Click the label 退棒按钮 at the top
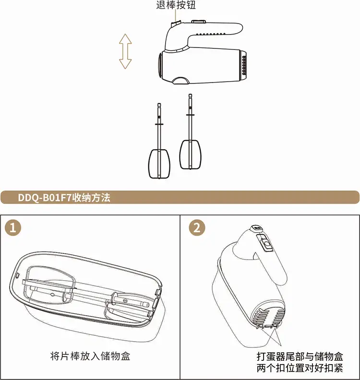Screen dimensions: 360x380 click(x=176, y=5)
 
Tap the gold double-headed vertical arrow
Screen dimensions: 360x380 click(x=125, y=51)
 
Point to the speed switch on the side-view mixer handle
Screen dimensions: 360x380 click(x=199, y=22)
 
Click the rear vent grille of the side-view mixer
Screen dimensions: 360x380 click(x=244, y=65)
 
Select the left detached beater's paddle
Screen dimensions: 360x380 click(x=159, y=164)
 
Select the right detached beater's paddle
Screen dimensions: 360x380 click(x=190, y=154)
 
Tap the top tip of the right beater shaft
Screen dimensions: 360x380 click(x=190, y=95)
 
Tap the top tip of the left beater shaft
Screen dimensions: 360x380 click(x=159, y=104)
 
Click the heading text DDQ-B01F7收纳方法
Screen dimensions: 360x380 click(x=64, y=198)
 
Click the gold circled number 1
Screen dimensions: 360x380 click(x=13, y=228)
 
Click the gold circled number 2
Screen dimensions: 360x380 click(x=197, y=228)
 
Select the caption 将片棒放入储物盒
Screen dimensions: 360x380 click(x=90, y=356)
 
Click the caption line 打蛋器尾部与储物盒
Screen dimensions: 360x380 click(x=300, y=356)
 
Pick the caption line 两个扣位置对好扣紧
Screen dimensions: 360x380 click(x=300, y=368)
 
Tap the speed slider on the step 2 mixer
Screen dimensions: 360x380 click(x=265, y=243)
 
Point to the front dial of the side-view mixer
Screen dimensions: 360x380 click(x=160, y=65)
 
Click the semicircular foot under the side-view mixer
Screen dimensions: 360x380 click(x=181, y=81)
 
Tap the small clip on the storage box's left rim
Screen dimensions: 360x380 click(x=18, y=275)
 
